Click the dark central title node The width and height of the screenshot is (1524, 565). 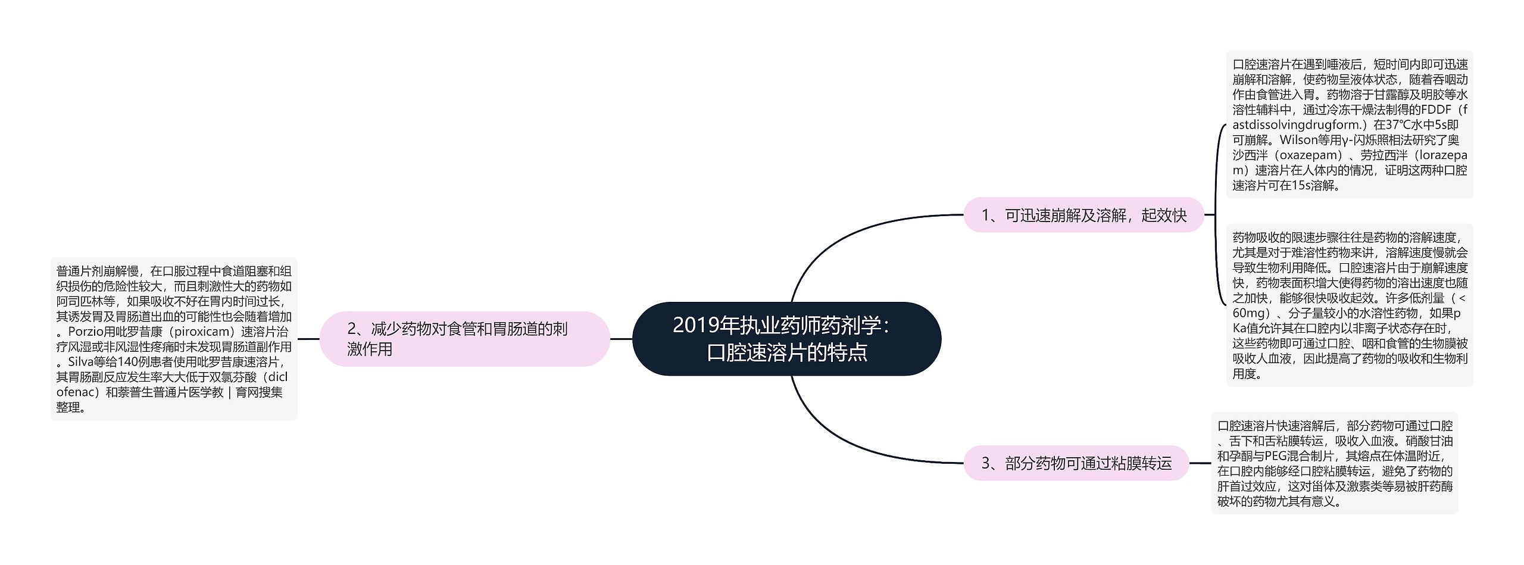tap(786, 339)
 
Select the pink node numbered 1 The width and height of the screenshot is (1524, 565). tap(1083, 215)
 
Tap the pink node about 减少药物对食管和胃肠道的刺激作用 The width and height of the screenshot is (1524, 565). tap(464, 339)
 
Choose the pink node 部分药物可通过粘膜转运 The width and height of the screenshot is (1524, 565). tap(1076, 463)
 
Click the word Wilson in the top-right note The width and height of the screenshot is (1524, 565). tap(1299, 140)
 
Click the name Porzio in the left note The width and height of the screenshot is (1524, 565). tap(86, 332)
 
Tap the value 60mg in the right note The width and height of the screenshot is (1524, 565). tap(1248, 313)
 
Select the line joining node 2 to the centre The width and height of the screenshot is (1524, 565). tap(621, 339)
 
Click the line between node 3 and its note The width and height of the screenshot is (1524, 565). tap(1200, 463)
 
